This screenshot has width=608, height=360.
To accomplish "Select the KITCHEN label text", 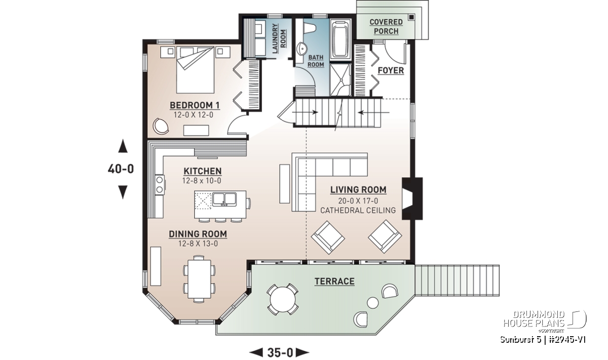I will coord(202,171).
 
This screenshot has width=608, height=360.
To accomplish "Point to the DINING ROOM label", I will coord(198,234).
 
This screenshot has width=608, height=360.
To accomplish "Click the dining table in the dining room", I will coord(199,277).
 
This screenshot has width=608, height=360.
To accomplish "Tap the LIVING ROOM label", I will coord(358,190).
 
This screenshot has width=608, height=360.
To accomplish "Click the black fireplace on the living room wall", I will coord(411,198).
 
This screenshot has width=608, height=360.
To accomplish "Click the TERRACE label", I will coord(334,282).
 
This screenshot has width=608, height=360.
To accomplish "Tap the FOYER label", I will coord(391,70).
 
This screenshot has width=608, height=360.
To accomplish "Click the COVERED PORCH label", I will coord(386,27).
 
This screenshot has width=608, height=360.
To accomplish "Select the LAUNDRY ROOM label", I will coord(279,38).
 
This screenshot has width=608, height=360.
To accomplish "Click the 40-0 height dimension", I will coord(121,169).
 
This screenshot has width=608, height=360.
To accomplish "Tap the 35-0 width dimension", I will coord(280,352).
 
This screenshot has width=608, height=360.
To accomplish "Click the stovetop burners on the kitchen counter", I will coord(159,184).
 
